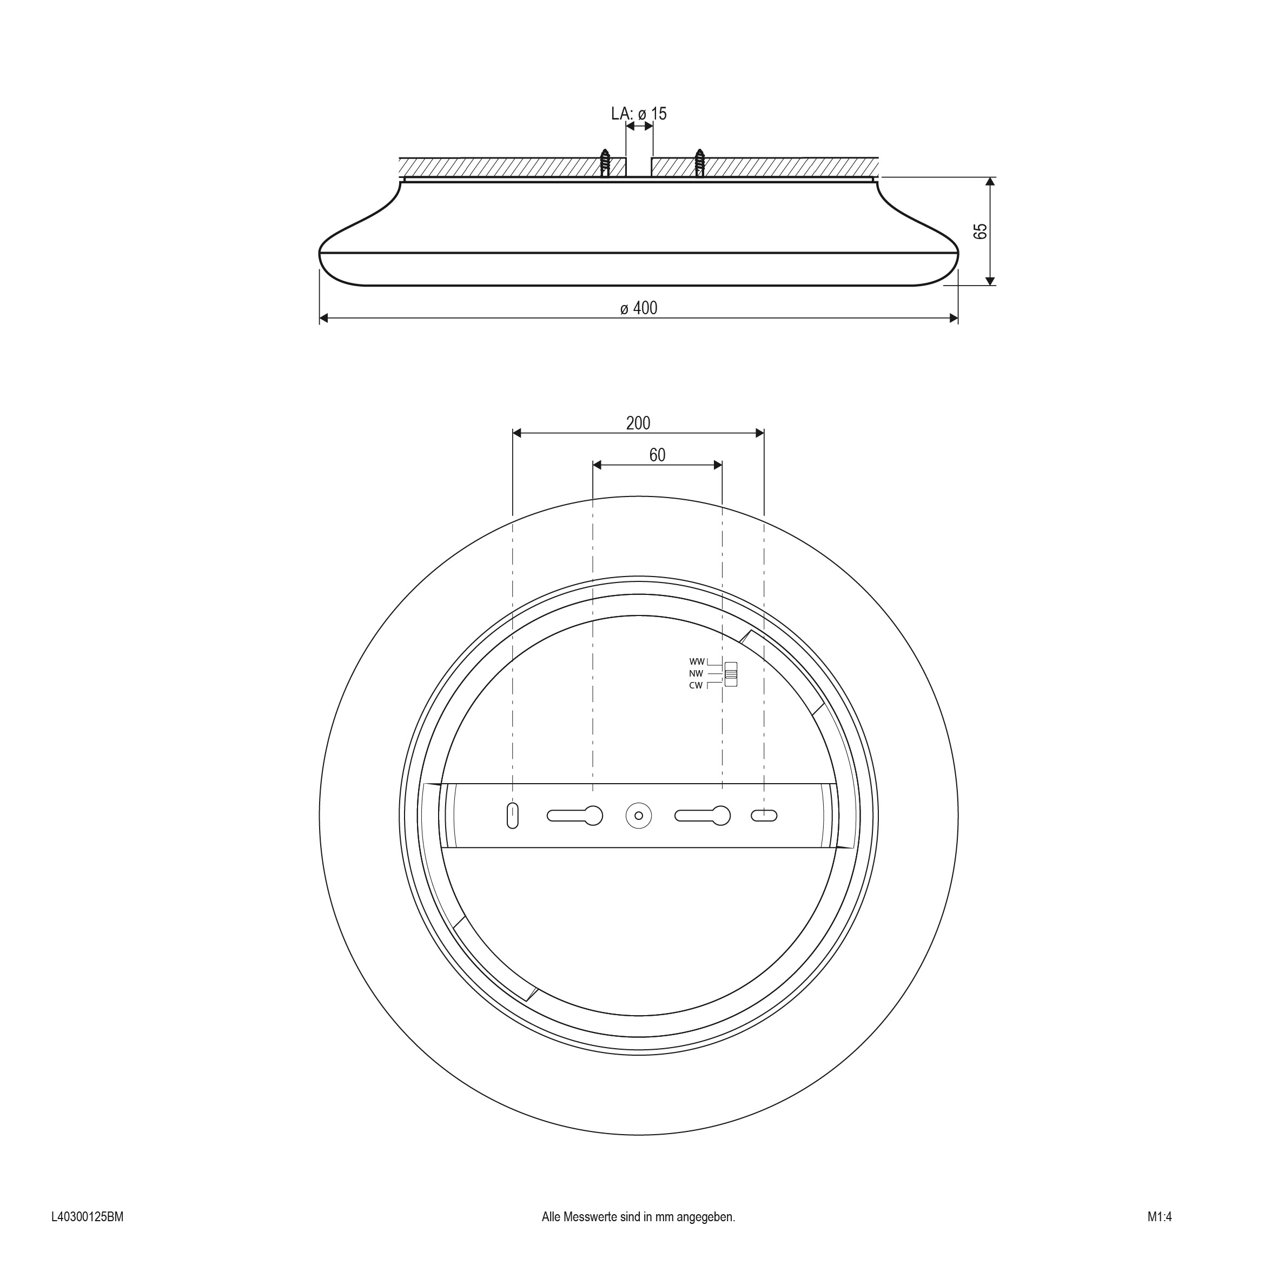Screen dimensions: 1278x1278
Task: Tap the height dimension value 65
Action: tap(981, 231)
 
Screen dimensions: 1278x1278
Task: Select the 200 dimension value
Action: tap(638, 423)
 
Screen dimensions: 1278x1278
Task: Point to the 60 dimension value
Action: tap(657, 455)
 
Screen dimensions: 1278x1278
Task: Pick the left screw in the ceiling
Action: tap(605, 163)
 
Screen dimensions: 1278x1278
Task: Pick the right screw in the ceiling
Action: tap(700, 163)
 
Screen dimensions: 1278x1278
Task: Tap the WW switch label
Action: tap(697, 661)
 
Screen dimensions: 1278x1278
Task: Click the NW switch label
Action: tap(696, 673)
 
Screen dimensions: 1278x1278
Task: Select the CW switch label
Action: tap(696, 685)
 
